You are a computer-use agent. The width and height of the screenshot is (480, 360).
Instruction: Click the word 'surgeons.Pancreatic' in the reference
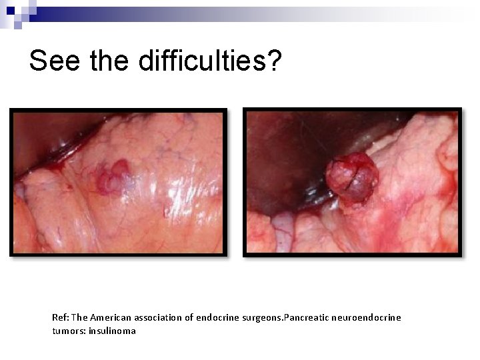(x=283, y=317)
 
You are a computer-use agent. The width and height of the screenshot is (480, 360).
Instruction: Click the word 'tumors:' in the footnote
(x=66, y=331)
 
